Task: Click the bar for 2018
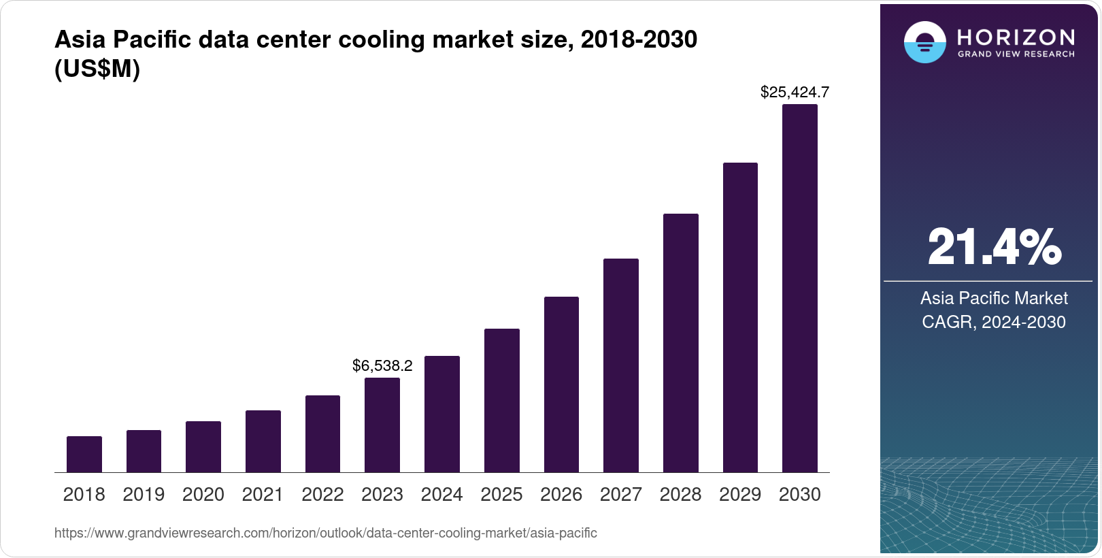(x=84, y=454)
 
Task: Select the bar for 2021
(x=263, y=441)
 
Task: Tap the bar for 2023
(x=382, y=425)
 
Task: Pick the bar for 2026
(x=561, y=384)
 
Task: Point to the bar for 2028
(x=681, y=343)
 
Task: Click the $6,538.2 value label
(x=382, y=365)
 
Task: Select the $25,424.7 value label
(x=795, y=92)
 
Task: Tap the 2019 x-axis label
(x=144, y=495)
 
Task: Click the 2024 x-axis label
(x=441, y=495)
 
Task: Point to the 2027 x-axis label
(x=621, y=495)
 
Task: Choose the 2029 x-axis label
(x=740, y=495)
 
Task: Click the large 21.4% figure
(x=994, y=247)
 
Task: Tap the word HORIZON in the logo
(x=1016, y=37)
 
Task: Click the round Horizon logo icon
(x=924, y=42)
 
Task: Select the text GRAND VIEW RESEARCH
(x=1016, y=54)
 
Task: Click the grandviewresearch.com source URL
(x=325, y=533)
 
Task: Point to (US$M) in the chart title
(x=97, y=69)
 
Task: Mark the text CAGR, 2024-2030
(x=994, y=322)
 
